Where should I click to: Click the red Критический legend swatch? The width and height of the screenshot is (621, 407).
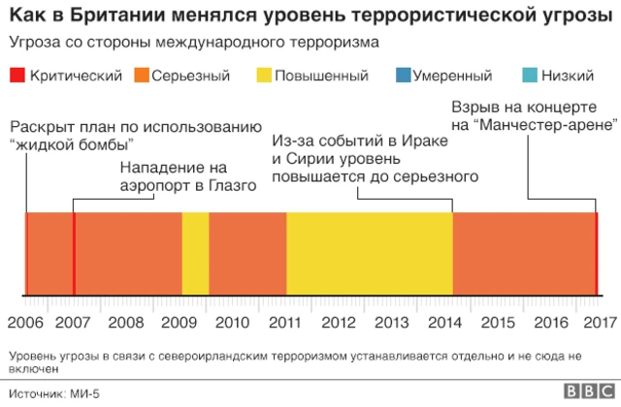(x=16, y=76)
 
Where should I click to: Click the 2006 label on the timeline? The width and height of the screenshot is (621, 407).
(x=25, y=322)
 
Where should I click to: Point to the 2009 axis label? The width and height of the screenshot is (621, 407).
(x=180, y=322)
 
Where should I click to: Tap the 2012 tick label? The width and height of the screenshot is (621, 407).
(x=339, y=322)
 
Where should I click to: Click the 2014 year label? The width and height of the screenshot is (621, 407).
(x=445, y=322)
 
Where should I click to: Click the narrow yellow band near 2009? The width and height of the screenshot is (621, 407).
(x=195, y=252)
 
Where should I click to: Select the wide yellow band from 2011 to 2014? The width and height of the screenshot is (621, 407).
(x=369, y=252)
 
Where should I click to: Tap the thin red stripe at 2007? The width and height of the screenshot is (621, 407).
(x=74, y=252)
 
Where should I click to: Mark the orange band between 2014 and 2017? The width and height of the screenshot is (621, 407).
(x=524, y=252)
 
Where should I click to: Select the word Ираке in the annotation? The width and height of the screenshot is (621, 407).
(x=427, y=141)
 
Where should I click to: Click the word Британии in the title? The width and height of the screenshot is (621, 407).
(x=103, y=16)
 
